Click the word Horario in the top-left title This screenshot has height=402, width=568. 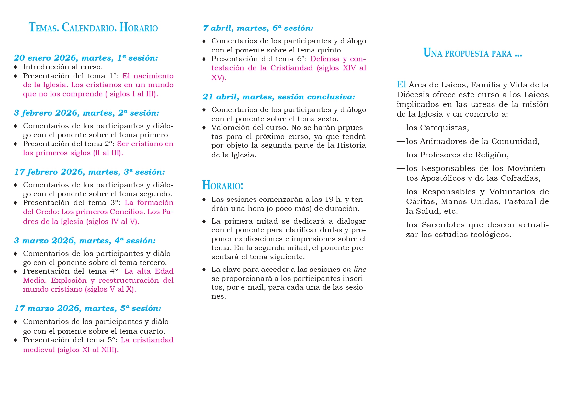point(139,28)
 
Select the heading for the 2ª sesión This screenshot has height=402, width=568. point(86,113)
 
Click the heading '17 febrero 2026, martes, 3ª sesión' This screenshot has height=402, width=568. point(89,172)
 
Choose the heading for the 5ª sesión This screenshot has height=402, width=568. point(87,308)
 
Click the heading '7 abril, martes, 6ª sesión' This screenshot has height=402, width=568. point(258,28)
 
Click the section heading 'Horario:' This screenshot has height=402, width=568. point(222,185)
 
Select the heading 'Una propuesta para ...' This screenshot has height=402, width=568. point(472,53)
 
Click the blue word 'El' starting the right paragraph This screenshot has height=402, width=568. point(401,85)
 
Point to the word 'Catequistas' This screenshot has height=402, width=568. point(444,128)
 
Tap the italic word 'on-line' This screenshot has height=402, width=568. point(354,270)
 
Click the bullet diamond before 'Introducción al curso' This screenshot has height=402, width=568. point(15,67)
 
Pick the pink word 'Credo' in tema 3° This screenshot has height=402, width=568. point(44,212)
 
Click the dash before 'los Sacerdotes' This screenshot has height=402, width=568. point(401,225)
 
